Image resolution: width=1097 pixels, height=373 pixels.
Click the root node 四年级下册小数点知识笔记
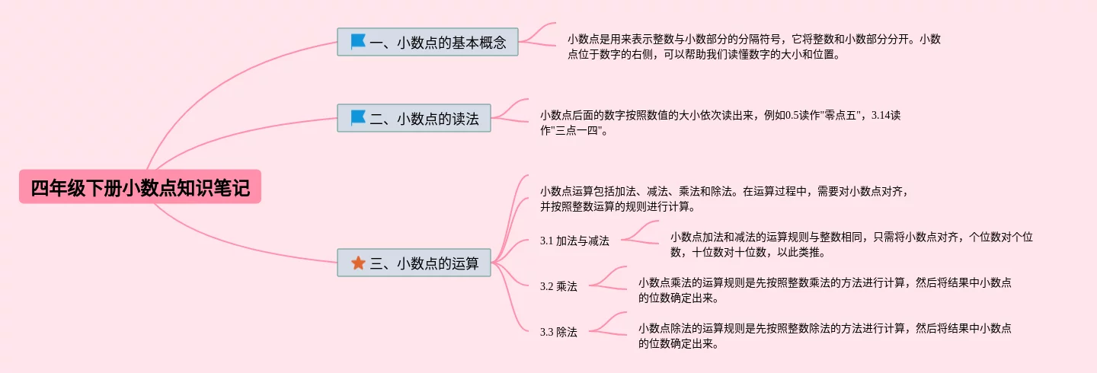click(x=140, y=187)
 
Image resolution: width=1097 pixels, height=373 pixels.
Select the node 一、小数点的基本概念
click(x=427, y=42)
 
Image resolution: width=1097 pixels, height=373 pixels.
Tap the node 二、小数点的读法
click(x=414, y=118)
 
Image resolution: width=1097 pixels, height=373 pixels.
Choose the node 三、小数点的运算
click(x=414, y=263)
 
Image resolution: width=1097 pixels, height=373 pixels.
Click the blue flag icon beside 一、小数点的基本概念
click(x=358, y=42)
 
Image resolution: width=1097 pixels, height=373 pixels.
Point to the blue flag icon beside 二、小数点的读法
click(x=358, y=118)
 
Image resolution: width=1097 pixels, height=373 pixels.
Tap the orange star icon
click(x=358, y=263)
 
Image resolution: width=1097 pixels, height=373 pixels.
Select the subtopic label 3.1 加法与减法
click(x=574, y=241)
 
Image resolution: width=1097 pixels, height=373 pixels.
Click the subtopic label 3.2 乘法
click(x=558, y=286)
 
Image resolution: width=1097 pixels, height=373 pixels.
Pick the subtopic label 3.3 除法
click(x=558, y=332)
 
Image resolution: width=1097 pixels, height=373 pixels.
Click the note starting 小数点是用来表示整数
click(x=753, y=46)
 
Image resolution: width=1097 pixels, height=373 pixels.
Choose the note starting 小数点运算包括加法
click(x=724, y=198)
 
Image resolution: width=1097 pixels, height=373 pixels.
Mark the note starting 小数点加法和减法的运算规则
click(x=851, y=244)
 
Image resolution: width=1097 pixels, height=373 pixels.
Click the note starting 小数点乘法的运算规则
click(x=824, y=290)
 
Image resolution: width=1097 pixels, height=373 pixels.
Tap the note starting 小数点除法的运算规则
click(x=824, y=336)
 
